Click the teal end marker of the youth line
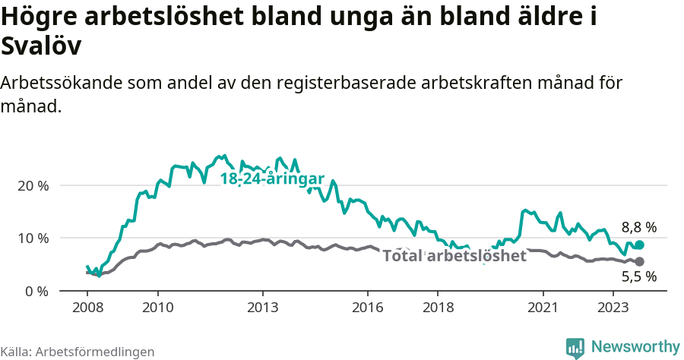[640, 245]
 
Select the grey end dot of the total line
[640, 261]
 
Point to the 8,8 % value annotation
[638, 227]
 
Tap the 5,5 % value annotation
[638, 277]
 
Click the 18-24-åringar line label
[272, 179]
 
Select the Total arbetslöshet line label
[454, 256]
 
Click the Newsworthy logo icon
[575, 348]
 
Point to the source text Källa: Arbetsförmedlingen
[78, 352]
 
